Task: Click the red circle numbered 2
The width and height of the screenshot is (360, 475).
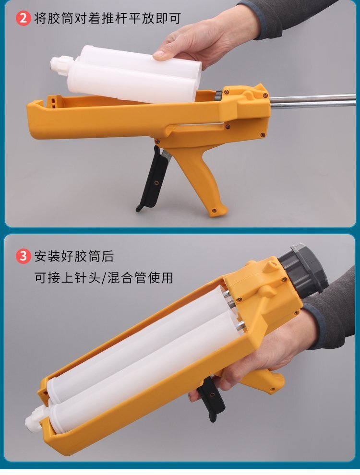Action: pyautogui.click(x=23, y=18)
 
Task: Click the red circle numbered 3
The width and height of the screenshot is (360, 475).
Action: pyautogui.click(x=23, y=256)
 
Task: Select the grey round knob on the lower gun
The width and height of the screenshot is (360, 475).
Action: pyautogui.click(x=303, y=271)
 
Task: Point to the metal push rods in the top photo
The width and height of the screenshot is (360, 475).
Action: pyautogui.click(x=312, y=100)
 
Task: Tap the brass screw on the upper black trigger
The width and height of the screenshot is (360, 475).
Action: pyautogui.click(x=156, y=182)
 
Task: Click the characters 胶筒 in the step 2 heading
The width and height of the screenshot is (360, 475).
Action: pyautogui.click(x=61, y=19)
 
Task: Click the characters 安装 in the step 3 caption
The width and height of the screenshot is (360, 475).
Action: pyautogui.click(x=48, y=257)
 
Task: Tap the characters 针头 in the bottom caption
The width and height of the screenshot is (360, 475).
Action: pyautogui.click(x=87, y=278)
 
